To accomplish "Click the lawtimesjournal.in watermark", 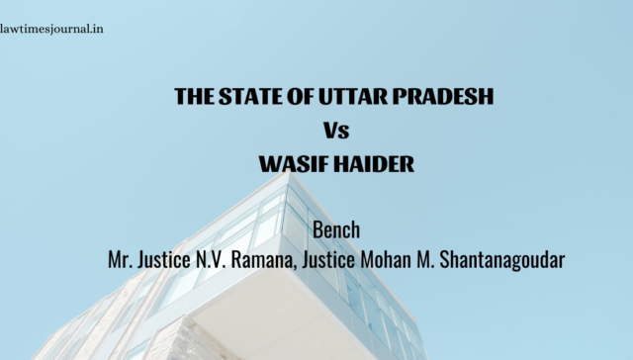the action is pyautogui.click(x=51, y=29).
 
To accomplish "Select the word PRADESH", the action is pyautogui.click(x=443, y=97).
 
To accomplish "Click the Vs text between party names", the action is pyautogui.click(x=336, y=131).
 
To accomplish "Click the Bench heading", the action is pyautogui.click(x=336, y=229).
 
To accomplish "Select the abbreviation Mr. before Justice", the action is pyautogui.click(x=121, y=259).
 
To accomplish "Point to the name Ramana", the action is pyautogui.click(x=261, y=260).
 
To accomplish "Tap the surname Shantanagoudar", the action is pyautogui.click(x=501, y=260).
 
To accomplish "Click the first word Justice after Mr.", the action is pyautogui.click(x=164, y=259).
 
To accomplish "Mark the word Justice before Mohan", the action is pyautogui.click(x=328, y=259).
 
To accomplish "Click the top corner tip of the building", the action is pyautogui.click(x=288, y=173).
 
